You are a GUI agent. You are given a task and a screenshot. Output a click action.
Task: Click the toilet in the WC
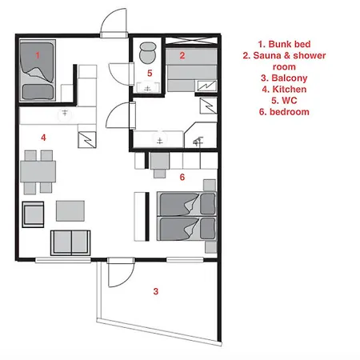click(x=147, y=53)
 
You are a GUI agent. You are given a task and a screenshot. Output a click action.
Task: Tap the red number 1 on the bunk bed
click(x=38, y=55)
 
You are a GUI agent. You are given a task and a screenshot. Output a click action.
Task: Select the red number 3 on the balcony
click(x=156, y=291)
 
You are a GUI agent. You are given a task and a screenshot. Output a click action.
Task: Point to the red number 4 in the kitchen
click(x=43, y=138)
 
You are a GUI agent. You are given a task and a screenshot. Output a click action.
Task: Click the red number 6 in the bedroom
click(x=182, y=177)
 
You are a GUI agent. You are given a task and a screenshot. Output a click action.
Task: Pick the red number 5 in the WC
click(x=150, y=73)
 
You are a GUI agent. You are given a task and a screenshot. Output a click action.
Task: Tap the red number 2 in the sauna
click(x=182, y=55)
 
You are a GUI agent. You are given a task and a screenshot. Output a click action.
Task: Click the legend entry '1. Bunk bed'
click(x=284, y=44)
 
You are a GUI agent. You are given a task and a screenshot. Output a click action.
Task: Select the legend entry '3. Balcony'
click(x=284, y=78)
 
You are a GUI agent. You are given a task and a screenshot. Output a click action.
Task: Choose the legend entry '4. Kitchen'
click(x=284, y=89)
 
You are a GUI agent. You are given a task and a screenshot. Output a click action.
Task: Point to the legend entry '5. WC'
click(x=284, y=101)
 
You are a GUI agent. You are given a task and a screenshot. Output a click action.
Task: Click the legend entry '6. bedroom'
click(x=284, y=112)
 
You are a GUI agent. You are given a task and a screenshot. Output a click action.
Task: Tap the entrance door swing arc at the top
click(x=109, y=16)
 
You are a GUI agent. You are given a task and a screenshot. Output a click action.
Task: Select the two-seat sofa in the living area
click(x=70, y=242)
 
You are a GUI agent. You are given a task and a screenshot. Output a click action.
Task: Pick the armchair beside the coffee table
click(x=33, y=214)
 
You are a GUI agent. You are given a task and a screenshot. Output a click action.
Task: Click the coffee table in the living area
click(x=70, y=211)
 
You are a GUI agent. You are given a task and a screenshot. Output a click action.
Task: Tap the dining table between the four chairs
click(x=38, y=171)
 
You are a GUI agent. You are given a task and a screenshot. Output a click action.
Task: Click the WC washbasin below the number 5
click(x=147, y=87)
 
